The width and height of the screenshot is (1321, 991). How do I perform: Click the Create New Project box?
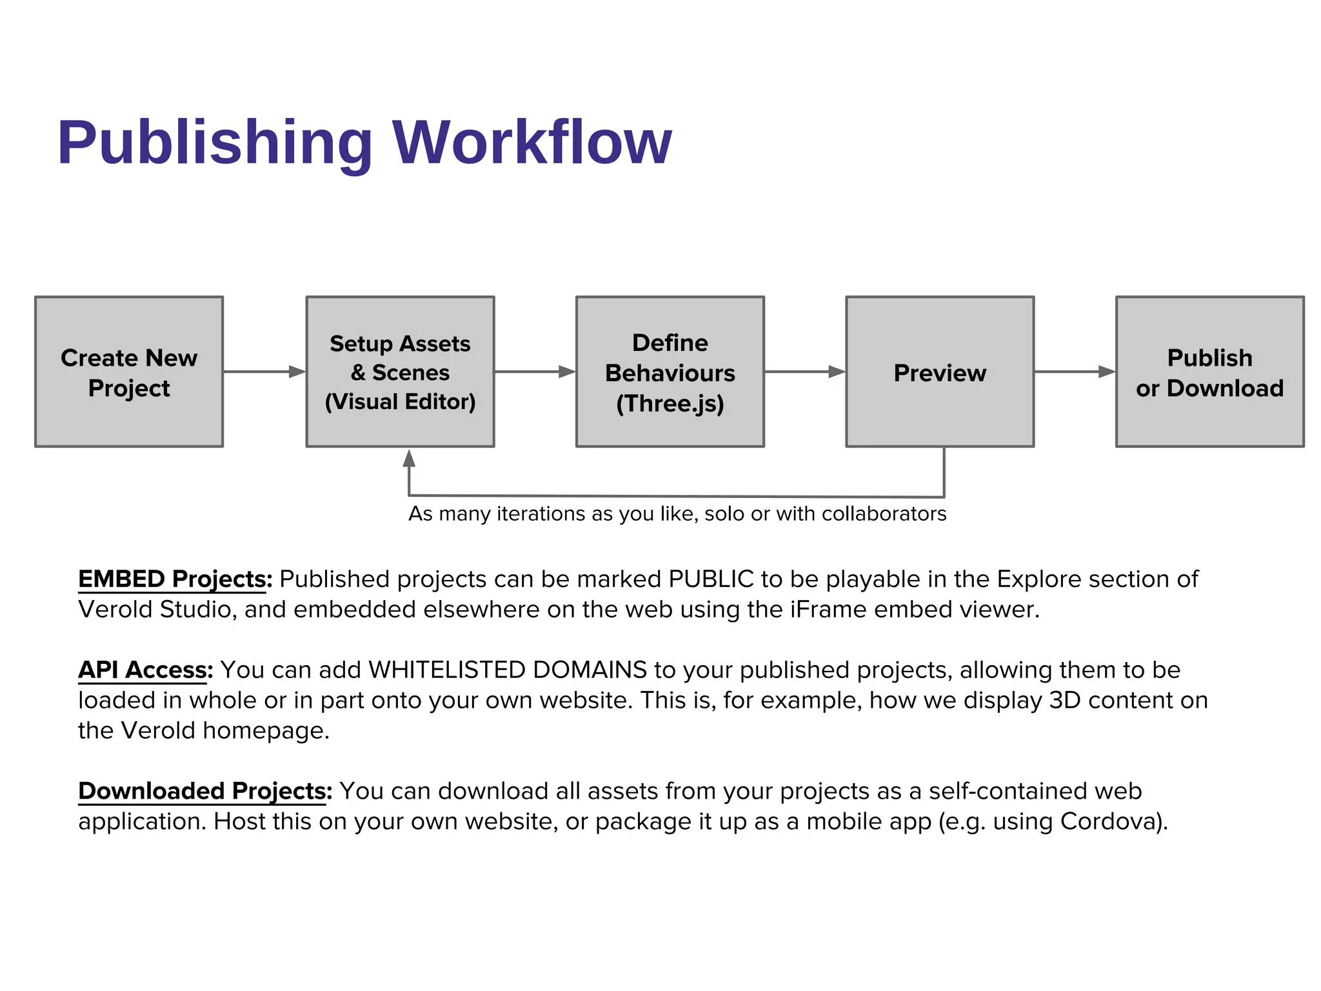[129, 372]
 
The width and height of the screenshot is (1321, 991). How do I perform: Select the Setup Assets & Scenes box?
[400, 372]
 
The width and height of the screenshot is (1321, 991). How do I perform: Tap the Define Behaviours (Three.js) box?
[670, 372]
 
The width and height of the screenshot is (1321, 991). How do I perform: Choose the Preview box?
[940, 372]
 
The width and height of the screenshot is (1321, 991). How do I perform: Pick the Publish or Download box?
[1209, 372]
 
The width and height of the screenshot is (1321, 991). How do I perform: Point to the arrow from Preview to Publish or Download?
[1075, 372]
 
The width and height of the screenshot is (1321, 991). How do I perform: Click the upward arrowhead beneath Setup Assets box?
[409, 459]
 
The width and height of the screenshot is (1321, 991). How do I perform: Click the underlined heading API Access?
[145, 670]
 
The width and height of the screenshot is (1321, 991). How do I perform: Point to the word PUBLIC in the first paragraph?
[711, 579]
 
